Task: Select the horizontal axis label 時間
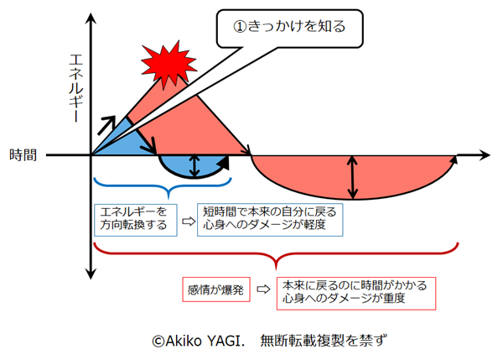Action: (23, 154)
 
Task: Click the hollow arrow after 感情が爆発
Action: (262, 289)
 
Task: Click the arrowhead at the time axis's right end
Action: (484, 154)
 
